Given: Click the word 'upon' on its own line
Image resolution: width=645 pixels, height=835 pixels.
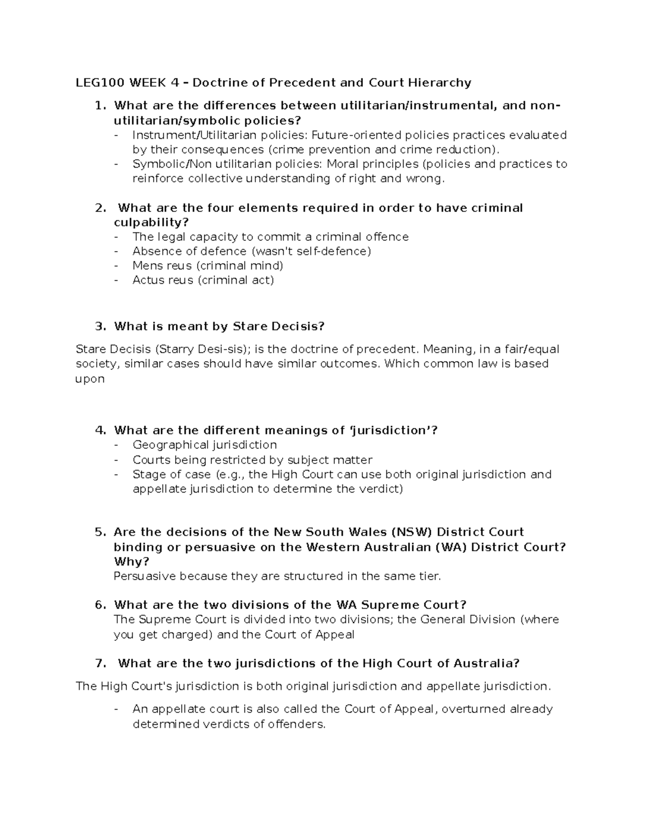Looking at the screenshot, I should click(90, 379).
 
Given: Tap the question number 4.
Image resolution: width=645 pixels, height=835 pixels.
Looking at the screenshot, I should click(99, 430).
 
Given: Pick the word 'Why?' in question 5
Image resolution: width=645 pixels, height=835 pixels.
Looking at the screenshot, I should click(131, 562).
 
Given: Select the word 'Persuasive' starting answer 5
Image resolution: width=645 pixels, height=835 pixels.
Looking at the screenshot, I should click(145, 576).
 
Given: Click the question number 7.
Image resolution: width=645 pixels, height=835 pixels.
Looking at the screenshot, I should click(99, 663).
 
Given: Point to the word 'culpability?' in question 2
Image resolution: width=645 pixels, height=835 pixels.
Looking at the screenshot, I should click(152, 223).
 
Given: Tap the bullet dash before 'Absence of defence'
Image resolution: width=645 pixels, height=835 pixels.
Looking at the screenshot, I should click(117, 251).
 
